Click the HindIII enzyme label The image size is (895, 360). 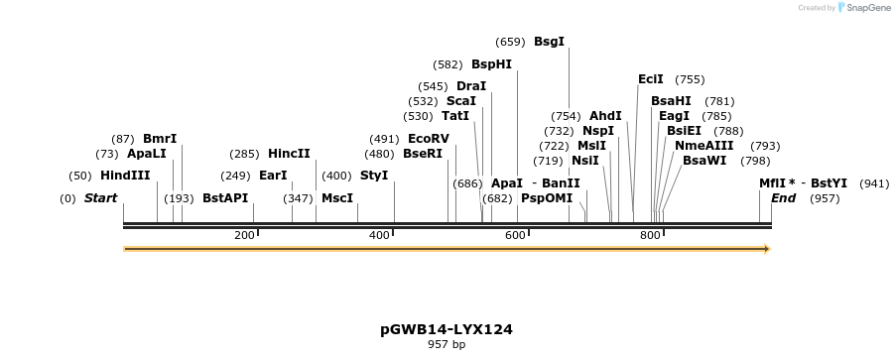(125, 176)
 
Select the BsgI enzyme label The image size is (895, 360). (549, 42)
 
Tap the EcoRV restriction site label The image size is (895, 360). (429, 139)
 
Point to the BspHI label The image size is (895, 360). (491, 64)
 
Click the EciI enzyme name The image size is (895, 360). (651, 79)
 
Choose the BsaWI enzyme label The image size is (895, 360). (704, 161)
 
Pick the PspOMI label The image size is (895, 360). (547, 198)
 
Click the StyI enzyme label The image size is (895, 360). (374, 176)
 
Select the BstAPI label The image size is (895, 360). (225, 198)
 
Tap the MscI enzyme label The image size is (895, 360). (337, 198)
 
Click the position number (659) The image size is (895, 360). (510, 42)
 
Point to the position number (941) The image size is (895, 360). (874, 183)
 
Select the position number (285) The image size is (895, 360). (244, 154)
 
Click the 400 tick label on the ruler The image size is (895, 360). (379, 235)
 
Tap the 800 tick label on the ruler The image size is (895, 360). (650, 235)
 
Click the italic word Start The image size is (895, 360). (100, 198)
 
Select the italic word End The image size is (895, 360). (783, 198)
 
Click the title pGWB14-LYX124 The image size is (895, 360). (447, 328)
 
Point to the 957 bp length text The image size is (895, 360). (447, 345)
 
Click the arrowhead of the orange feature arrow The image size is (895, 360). (766, 249)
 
